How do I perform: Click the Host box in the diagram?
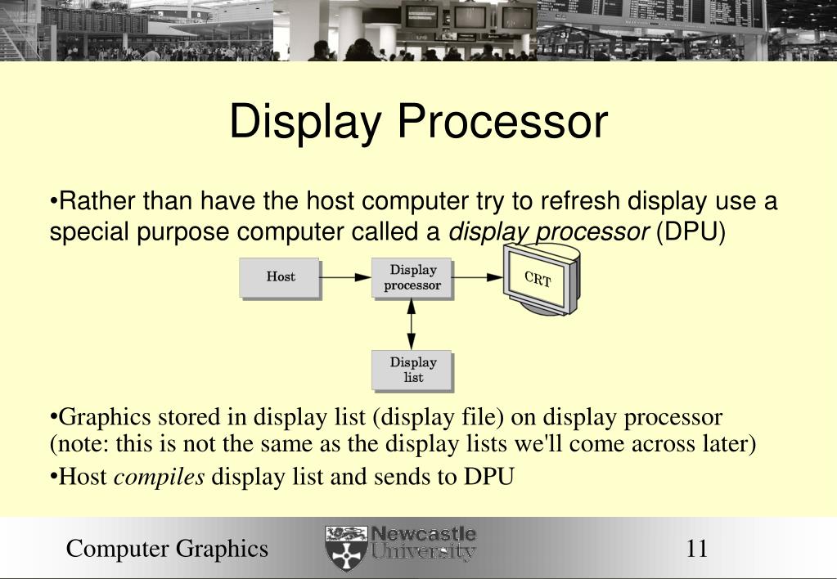tap(280, 277)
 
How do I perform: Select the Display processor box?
tap(412, 278)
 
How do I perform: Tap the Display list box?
tap(412, 370)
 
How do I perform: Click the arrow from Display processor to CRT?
tap(478, 277)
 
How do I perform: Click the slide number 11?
tap(696, 548)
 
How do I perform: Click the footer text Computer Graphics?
tap(167, 548)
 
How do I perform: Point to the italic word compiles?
tap(159, 477)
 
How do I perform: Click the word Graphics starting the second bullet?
tap(99, 418)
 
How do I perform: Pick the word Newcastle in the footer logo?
tap(424, 535)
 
